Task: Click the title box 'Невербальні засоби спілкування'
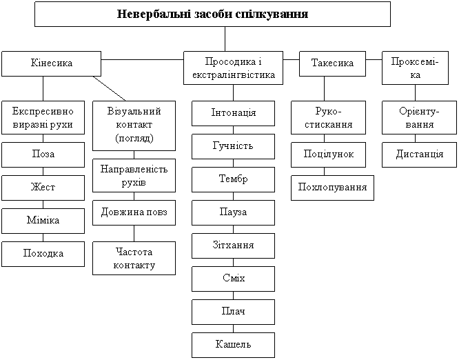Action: (x=212, y=14)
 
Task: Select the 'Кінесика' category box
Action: (x=52, y=63)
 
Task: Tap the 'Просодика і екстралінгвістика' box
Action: (x=234, y=68)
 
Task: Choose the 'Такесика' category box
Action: (x=332, y=63)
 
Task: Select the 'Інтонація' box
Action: (x=233, y=112)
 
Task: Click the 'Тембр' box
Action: (x=233, y=179)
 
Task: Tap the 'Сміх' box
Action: (x=233, y=279)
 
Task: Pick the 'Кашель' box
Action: (x=233, y=344)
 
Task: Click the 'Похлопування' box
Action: (x=332, y=188)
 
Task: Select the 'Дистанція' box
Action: (x=420, y=154)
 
